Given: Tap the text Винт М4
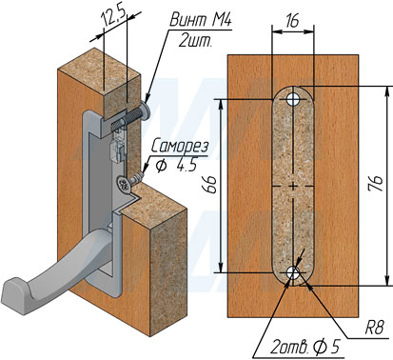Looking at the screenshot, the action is pyautogui.click(x=201, y=20).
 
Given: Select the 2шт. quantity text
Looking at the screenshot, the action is pyautogui.click(x=194, y=41).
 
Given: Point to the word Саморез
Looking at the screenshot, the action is pyautogui.click(x=180, y=148).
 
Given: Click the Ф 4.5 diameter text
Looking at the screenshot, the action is pyautogui.click(x=176, y=165).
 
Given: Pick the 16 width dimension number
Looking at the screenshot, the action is pyautogui.click(x=292, y=21).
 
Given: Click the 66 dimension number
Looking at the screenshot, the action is pyautogui.click(x=210, y=185).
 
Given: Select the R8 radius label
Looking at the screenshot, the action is pyautogui.click(x=375, y=328).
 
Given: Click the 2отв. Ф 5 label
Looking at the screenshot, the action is pyautogui.click(x=305, y=348).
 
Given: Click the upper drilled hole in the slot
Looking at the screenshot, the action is pyautogui.click(x=293, y=99).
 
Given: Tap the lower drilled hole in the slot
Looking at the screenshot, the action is pyautogui.click(x=293, y=272).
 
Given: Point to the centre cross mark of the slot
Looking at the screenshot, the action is pyautogui.click(x=293, y=186).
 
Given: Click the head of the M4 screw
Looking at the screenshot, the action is pyautogui.click(x=146, y=110).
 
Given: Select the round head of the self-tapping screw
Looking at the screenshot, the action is pyautogui.click(x=124, y=185).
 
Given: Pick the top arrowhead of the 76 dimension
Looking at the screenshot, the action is pyautogui.click(x=387, y=90).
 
